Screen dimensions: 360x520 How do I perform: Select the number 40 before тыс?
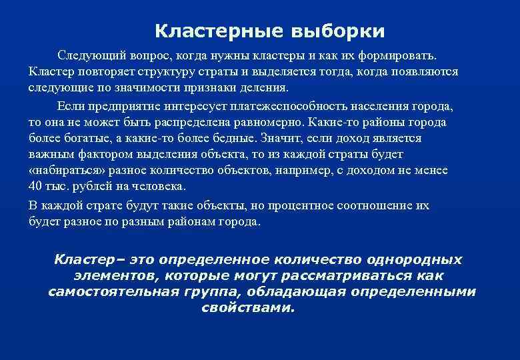coord(36,187)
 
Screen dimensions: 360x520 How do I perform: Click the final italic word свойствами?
coord(246,309)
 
